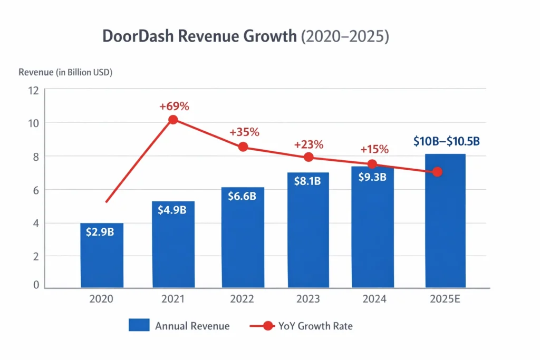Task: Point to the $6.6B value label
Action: coord(242,196)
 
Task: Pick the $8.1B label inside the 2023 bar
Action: coord(307,181)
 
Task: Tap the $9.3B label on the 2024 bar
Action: coord(372,177)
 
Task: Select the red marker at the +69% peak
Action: coord(173,120)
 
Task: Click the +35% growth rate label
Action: coord(244,132)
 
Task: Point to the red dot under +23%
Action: coord(309,157)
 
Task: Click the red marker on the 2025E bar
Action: coord(437,172)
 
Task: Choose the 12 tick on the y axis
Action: coord(33,90)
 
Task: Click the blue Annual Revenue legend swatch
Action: coord(138,326)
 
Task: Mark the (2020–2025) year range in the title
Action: coord(345,37)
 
